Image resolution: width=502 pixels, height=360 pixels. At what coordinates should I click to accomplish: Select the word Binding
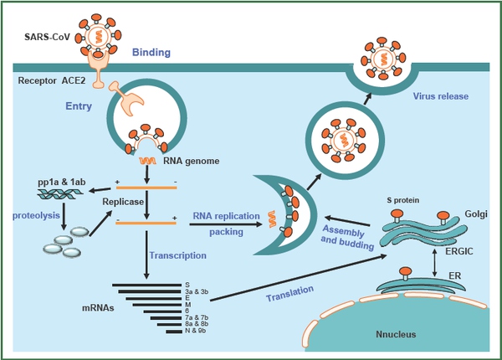(x=151, y=53)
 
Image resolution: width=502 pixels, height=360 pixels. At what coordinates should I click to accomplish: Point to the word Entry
(x=79, y=106)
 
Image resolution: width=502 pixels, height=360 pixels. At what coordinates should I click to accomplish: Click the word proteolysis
(x=34, y=213)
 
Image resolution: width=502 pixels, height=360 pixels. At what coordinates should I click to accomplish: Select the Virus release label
(x=440, y=96)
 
